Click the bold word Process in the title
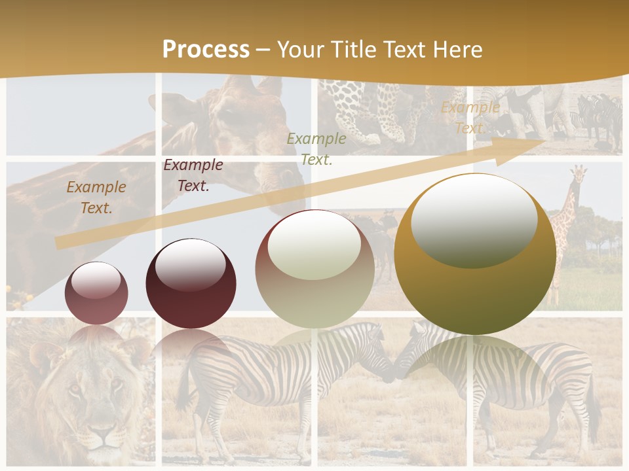click(x=206, y=50)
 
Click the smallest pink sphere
click(x=96, y=294)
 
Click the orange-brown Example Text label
click(x=96, y=198)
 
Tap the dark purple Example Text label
click(x=193, y=175)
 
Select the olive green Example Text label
click(x=316, y=148)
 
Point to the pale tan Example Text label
click(x=470, y=118)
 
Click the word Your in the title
click(x=300, y=50)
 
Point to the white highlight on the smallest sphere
click(x=96, y=281)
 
